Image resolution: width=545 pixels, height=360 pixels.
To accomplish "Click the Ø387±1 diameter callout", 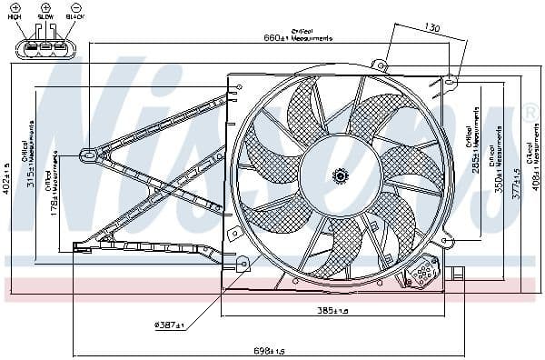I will click(x=168, y=325).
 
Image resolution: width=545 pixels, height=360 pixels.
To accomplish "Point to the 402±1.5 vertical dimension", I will click(x=7, y=179).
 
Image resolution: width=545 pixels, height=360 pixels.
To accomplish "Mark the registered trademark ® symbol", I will click(x=530, y=114).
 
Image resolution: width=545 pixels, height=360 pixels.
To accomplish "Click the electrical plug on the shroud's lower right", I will click(x=425, y=270).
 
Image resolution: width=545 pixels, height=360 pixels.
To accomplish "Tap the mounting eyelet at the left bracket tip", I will click(x=87, y=155).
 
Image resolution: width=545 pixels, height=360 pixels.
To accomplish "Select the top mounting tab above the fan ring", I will click(x=381, y=65).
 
